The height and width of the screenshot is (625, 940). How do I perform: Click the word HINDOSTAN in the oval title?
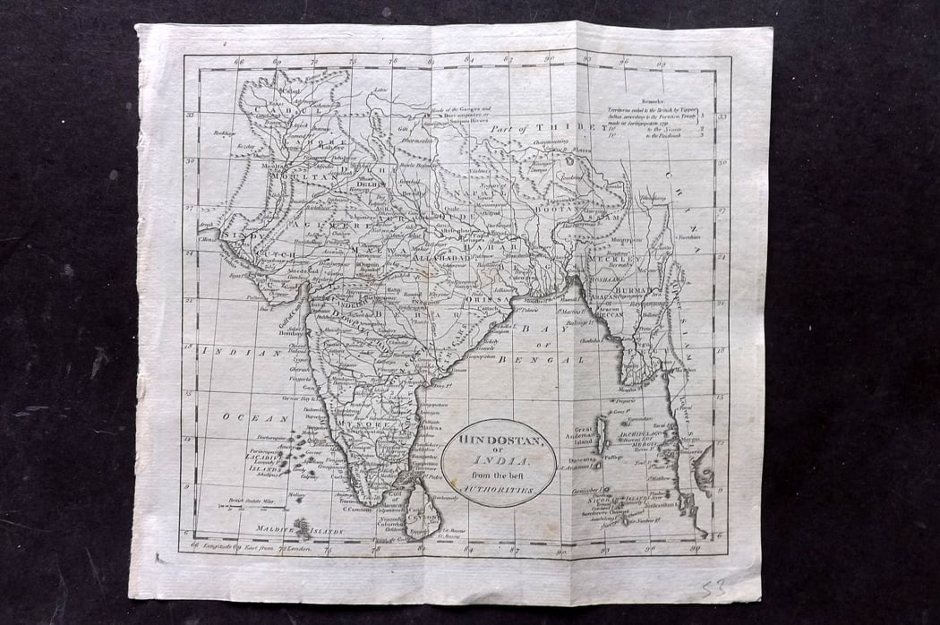click(x=498, y=441)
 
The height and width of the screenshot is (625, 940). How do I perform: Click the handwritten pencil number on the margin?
click(x=709, y=586)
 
